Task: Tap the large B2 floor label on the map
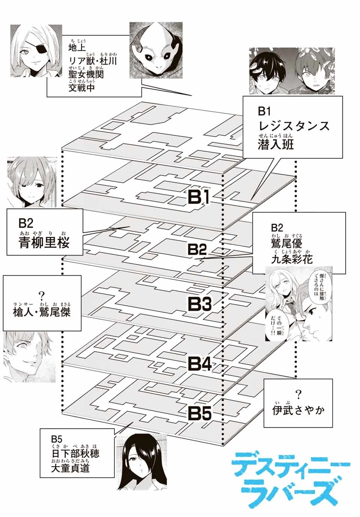tap(197, 249)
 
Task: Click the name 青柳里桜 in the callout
tap(44, 243)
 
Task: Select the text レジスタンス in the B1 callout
tap(294, 125)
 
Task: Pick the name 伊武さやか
tap(298, 410)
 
